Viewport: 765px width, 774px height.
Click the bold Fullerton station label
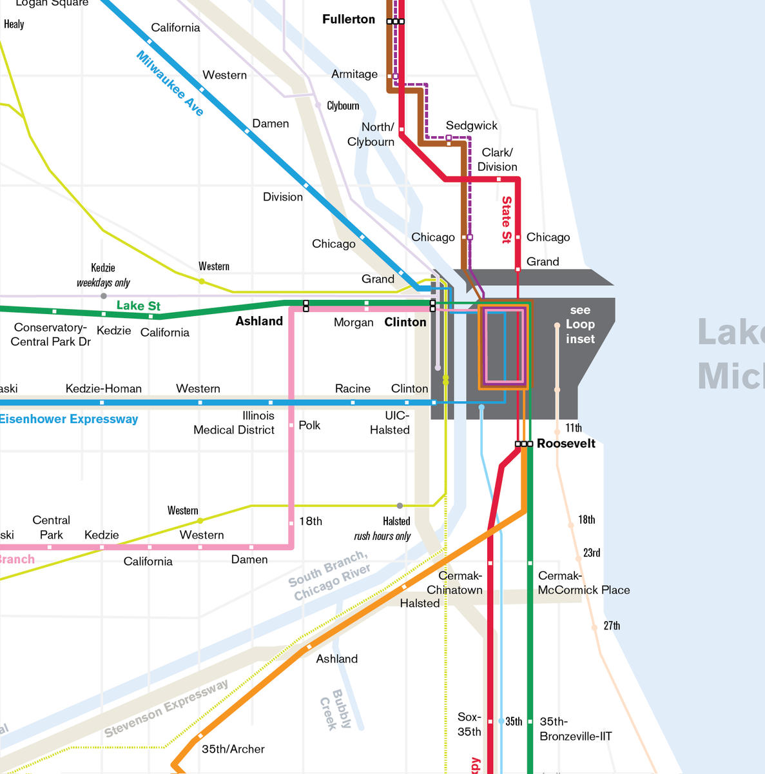(x=349, y=19)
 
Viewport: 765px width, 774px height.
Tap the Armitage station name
(x=354, y=74)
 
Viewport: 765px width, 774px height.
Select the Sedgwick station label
(x=472, y=126)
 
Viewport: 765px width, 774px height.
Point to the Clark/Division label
(x=498, y=160)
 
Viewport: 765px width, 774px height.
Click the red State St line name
(x=507, y=220)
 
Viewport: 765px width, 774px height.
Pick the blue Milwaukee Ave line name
(x=170, y=84)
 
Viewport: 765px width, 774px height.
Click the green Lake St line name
(x=139, y=306)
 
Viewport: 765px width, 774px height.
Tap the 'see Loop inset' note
(x=580, y=324)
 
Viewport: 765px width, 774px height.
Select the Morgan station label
(x=354, y=322)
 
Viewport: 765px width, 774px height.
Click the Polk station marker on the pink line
(x=292, y=425)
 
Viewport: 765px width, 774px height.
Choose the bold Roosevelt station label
(x=566, y=444)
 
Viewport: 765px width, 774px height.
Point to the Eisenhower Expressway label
(x=69, y=419)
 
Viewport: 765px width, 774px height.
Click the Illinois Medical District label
(x=234, y=423)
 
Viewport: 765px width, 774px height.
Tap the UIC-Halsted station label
(x=390, y=423)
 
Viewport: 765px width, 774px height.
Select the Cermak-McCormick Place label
(x=584, y=583)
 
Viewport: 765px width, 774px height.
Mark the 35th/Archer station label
(x=233, y=749)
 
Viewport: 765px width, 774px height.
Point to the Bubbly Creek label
(x=336, y=710)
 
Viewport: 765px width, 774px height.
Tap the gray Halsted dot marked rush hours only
(x=400, y=506)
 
